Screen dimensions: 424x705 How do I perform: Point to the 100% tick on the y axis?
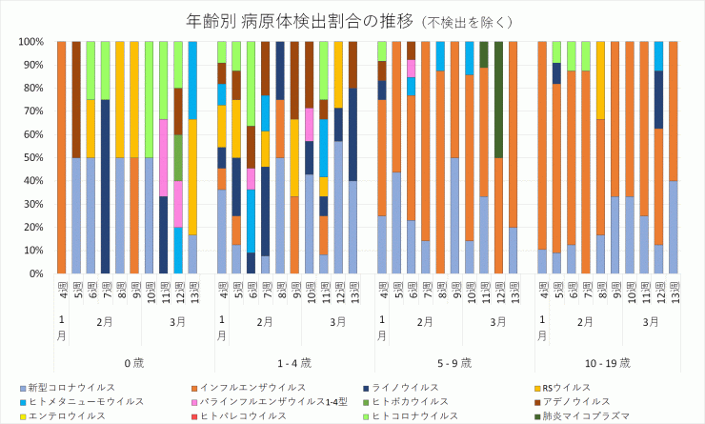tap(31, 42)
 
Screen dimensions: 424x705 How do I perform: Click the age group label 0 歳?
tap(133, 362)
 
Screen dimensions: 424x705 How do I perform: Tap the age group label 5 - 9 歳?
tap(454, 362)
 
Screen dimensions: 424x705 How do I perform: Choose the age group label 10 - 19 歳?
tap(614, 362)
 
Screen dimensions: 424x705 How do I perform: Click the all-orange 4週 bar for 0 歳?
tap(62, 158)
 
